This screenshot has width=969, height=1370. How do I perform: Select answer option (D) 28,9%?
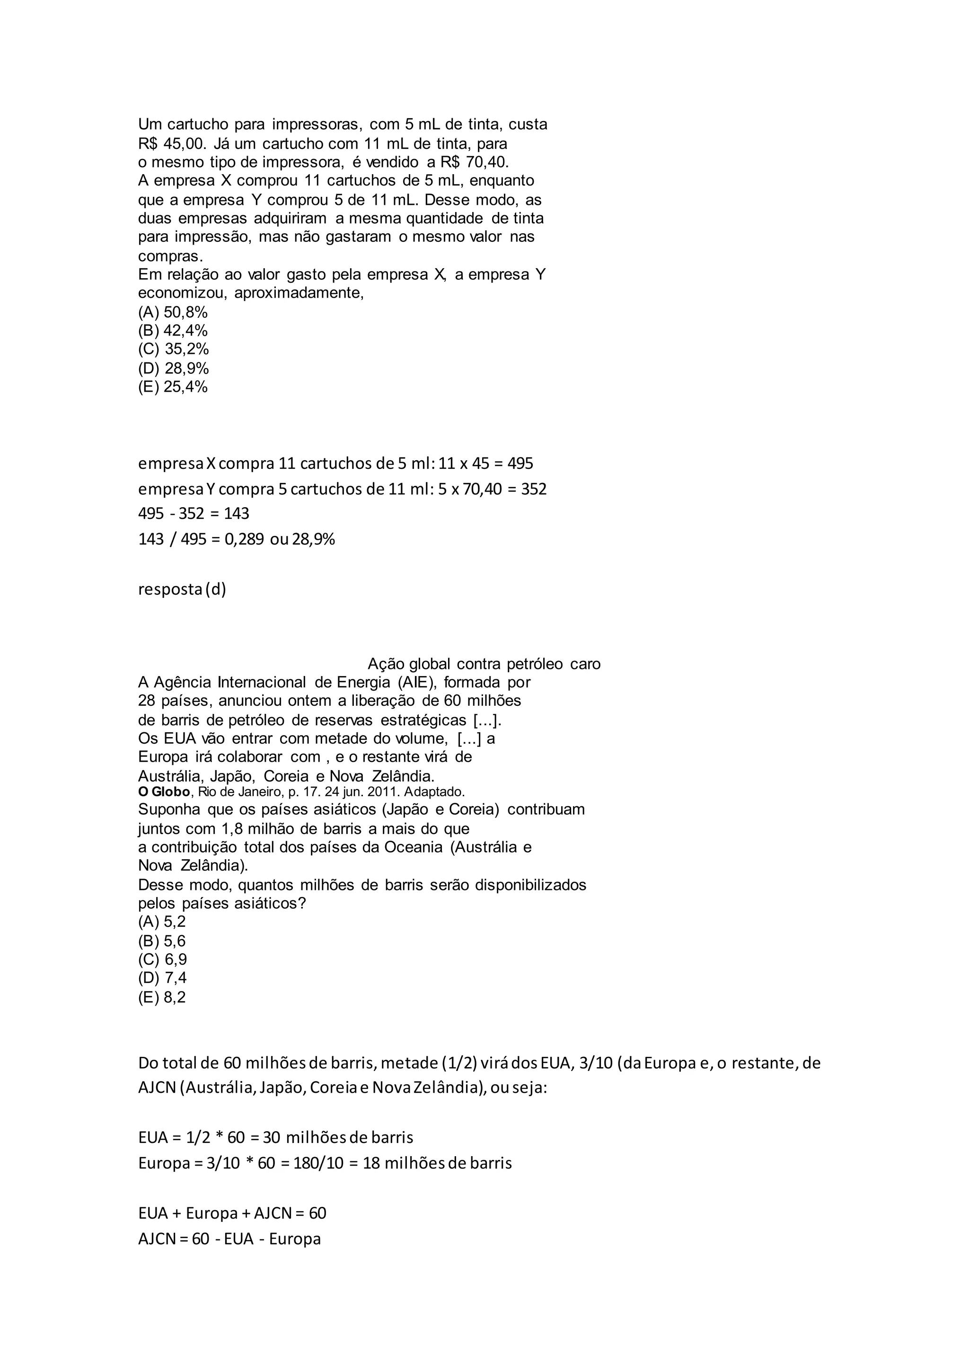[173, 368]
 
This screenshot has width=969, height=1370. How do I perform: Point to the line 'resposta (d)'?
[182, 589]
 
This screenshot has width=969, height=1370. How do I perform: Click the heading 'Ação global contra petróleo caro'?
[484, 664]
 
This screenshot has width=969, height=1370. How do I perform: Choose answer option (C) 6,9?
[162, 959]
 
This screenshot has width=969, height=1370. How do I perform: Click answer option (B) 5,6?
[162, 941]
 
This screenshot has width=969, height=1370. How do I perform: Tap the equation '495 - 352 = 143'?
[194, 514]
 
